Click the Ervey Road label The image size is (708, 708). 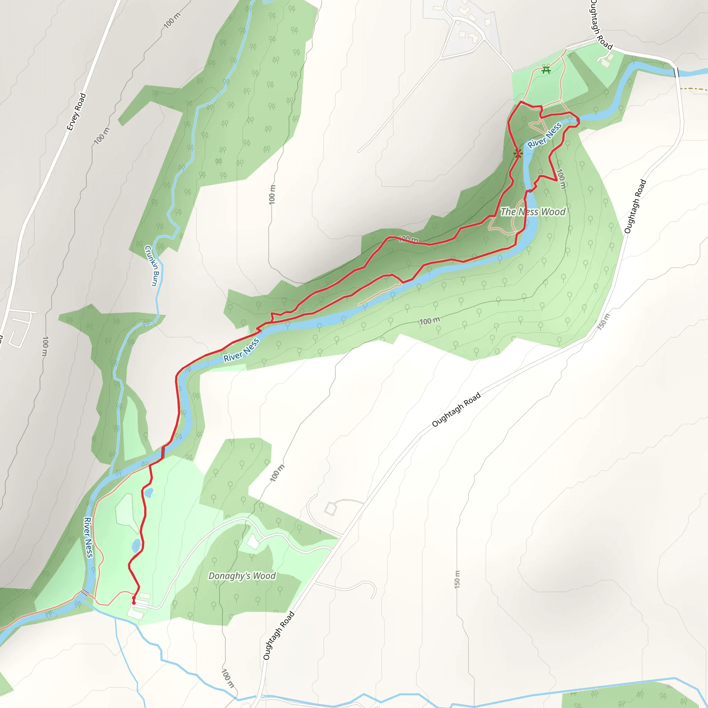point(76,112)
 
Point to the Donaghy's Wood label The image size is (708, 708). point(242,576)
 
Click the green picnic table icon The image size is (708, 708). point(546,69)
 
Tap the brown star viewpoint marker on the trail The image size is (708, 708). point(518,153)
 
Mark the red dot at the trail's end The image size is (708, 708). point(134,603)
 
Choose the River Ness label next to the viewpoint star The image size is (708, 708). point(544,135)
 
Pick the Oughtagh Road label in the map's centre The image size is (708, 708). point(456,410)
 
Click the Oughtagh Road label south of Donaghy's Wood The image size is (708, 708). point(279,636)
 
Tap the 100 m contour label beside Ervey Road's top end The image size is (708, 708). point(172,20)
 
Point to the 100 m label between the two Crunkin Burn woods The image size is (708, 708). point(272,195)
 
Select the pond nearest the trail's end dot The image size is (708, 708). point(136,546)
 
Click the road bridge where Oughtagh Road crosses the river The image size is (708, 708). point(676,73)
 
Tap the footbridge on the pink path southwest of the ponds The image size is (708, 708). point(85,592)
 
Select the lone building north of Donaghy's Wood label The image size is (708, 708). point(252,541)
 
